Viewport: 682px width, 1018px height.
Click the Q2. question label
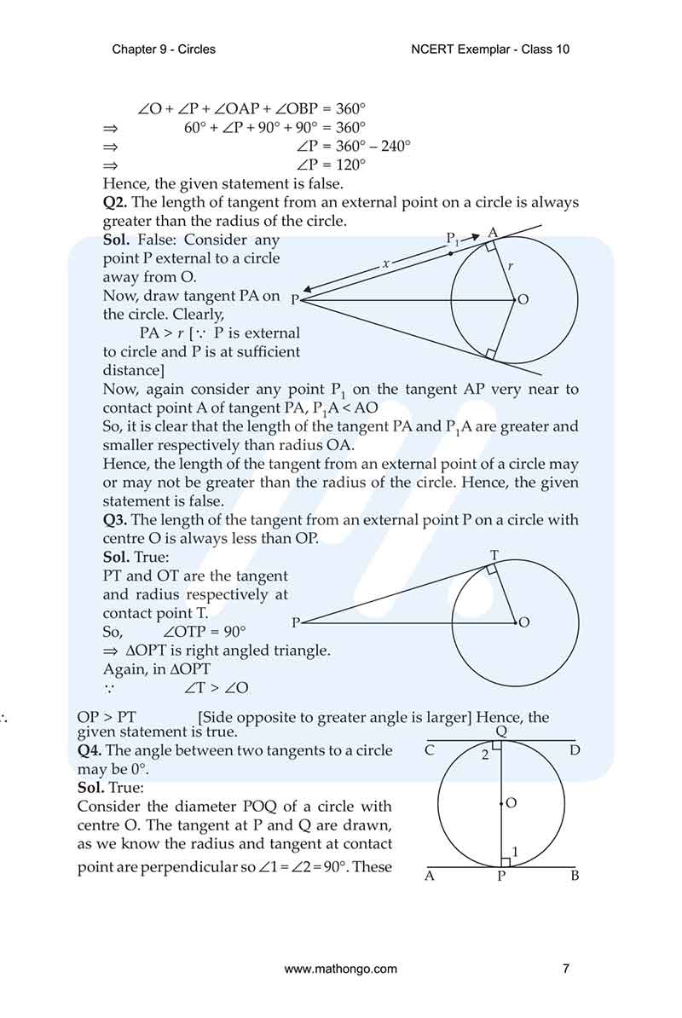[x=115, y=203]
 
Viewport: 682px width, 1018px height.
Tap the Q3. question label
[x=115, y=520]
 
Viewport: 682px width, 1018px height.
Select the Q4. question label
[x=90, y=751]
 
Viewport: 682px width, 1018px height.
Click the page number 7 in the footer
[x=566, y=969]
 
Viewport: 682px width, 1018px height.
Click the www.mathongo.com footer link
[x=340, y=969]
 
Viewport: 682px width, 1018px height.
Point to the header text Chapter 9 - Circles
[x=164, y=49]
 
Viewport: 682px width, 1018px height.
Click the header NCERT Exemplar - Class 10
[x=490, y=49]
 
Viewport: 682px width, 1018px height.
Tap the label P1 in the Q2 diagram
[x=453, y=240]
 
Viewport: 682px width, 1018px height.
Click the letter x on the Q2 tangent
[x=385, y=264]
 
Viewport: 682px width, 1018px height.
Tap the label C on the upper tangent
[x=430, y=751]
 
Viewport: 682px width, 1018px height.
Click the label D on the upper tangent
[x=575, y=751]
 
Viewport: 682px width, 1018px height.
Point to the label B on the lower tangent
[x=575, y=876]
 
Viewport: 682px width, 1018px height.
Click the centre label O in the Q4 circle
[x=511, y=803]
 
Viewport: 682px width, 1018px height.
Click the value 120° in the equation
[x=350, y=165]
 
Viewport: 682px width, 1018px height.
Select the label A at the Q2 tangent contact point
[x=493, y=233]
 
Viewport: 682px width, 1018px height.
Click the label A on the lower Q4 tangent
[x=430, y=876]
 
